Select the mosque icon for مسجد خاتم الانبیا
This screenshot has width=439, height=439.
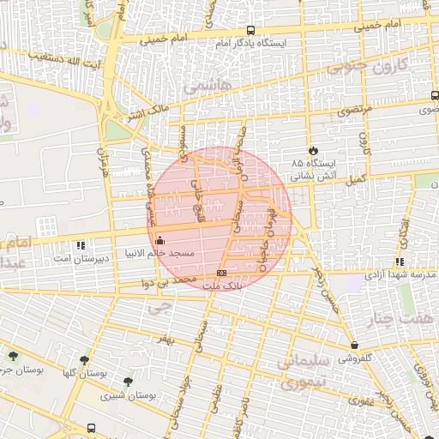tap(160, 240)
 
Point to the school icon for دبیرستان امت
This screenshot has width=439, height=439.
tap(81, 244)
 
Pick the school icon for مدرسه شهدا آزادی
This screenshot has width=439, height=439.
tap(400, 262)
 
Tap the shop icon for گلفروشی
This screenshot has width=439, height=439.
tap(354, 346)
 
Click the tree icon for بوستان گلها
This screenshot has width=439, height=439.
tap(84, 360)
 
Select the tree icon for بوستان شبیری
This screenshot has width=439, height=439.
tap(128, 382)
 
